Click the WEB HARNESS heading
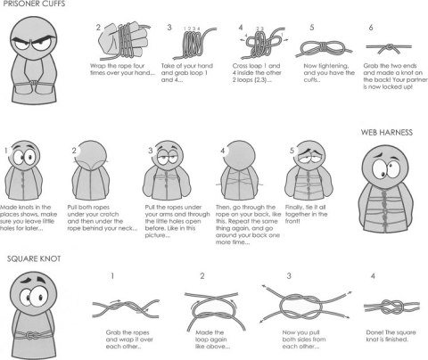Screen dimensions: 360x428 (386, 131)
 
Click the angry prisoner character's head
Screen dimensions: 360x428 (32, 41)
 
